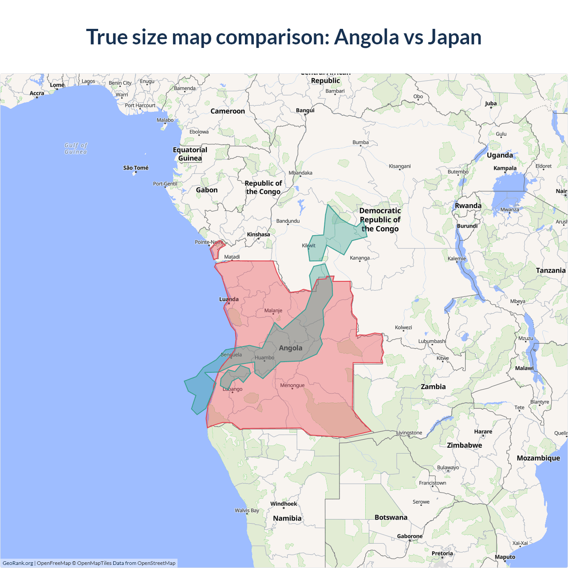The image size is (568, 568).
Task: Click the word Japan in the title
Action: click(x=454, y=37)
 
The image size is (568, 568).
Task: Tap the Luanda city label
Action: click(x=229, y=299)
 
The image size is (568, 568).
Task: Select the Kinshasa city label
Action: click(x=258, y=234)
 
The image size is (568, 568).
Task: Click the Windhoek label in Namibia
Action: click(x=284, y=504)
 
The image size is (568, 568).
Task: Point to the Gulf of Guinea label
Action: click(x=76, y=148)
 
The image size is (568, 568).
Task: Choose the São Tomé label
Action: click(x=136, y=168)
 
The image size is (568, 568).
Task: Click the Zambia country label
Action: click(x=433, y=387)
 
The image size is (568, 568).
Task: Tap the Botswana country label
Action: click(x=390, y=517)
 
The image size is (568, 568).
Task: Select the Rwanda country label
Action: click(x=468, y=205)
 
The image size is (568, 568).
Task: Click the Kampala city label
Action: click(x=505, y=168)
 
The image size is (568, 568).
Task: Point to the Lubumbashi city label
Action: click(x=432, y=341)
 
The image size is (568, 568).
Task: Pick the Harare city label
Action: click(x=483, y=431)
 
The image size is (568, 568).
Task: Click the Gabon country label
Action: click(x=207, y=190)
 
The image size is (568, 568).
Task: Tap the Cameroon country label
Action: click(x=228, y=111)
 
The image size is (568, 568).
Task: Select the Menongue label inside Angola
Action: click(x=292, y=385)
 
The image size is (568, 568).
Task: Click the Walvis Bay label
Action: click(x=247, y=510)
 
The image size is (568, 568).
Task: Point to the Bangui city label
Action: click(x=305, y=110)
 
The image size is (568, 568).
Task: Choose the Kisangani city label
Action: click(x=399, y=166)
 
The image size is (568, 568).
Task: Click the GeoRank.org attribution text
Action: click(x=18, y=563)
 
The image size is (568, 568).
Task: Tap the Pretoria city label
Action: click(x=442, y=553)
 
